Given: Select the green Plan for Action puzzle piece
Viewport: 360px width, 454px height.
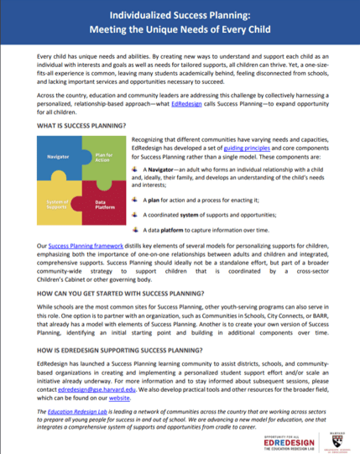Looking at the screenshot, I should click(x=102, y=155).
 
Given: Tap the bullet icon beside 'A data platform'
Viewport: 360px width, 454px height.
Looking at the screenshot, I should click(x=138, y=227).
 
